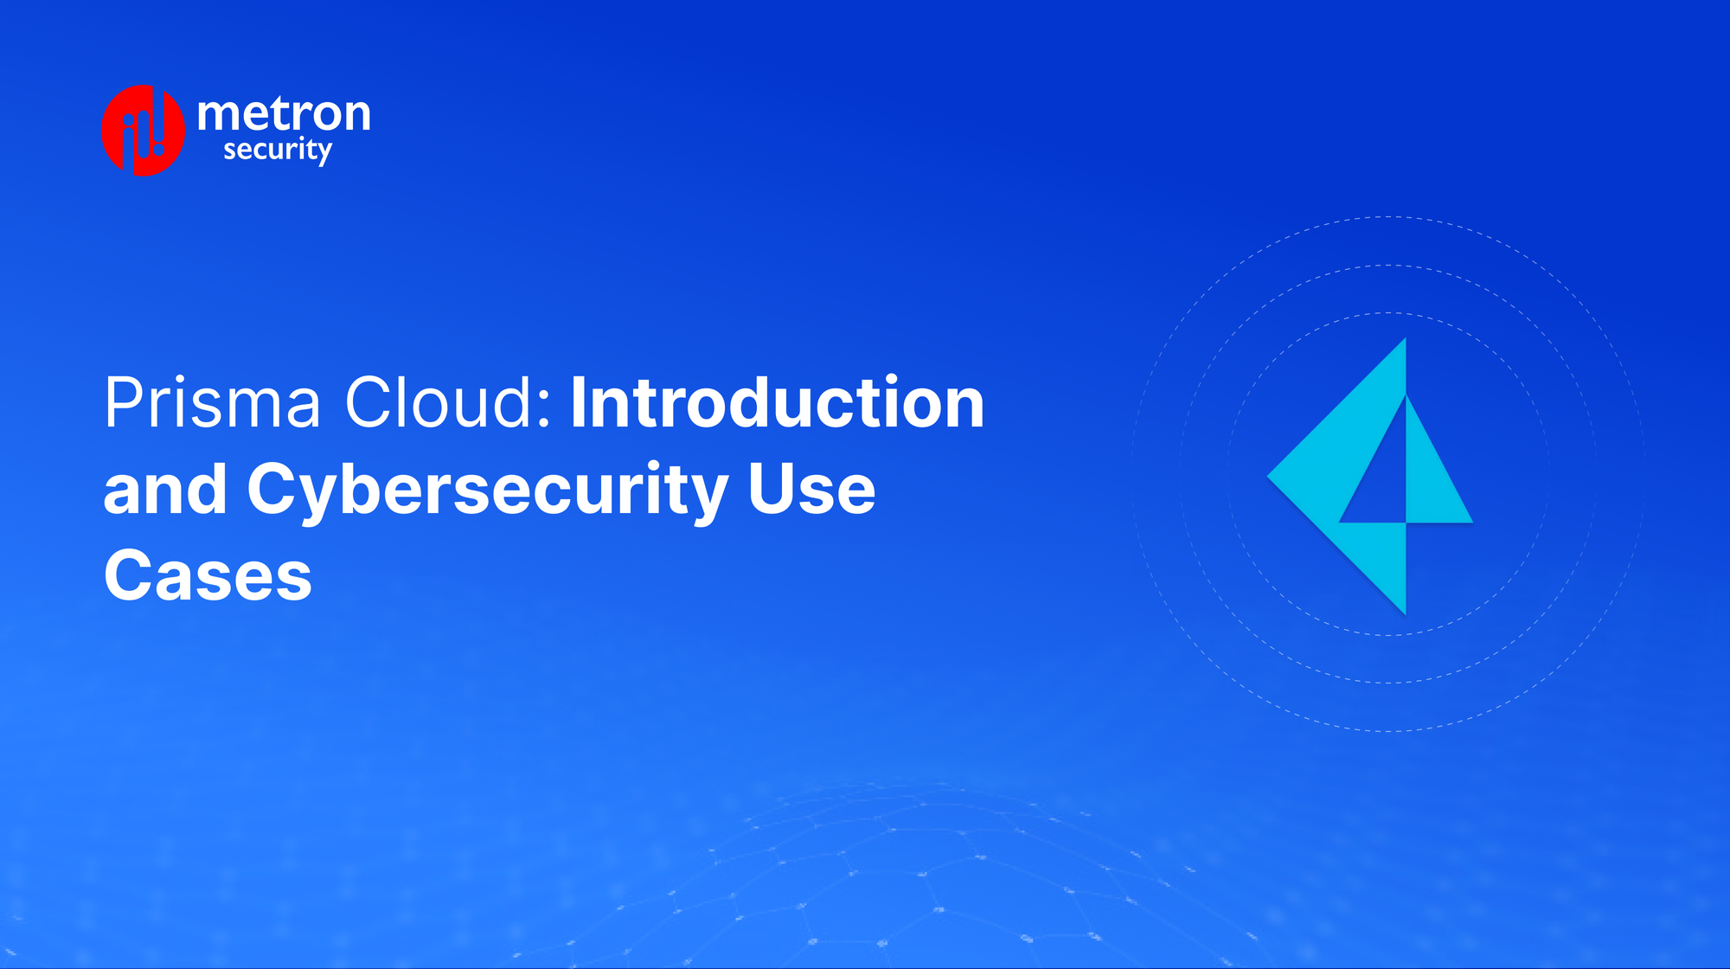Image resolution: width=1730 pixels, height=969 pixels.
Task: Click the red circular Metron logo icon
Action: [x=143, y=131]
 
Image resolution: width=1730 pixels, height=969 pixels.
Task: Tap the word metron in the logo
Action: [x=284, y=113]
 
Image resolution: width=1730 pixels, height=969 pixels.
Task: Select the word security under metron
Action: [x=277, y=151]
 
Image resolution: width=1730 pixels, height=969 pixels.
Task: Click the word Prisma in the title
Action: [x=213, y=403]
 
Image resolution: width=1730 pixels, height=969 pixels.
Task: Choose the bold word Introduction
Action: [x=777, y=403]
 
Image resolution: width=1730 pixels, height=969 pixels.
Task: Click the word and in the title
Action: [x=164, y=490]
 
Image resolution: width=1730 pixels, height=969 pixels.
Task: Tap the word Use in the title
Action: [x=811, y=490]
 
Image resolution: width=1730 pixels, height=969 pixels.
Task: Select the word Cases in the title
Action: [x=208, y=576]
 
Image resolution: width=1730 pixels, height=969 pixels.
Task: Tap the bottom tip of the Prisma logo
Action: [x=1405, y=612]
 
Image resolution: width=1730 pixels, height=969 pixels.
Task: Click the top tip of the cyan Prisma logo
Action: [x=1404, y=342]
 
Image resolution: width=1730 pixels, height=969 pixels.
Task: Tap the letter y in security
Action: [x=324, y=154]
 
